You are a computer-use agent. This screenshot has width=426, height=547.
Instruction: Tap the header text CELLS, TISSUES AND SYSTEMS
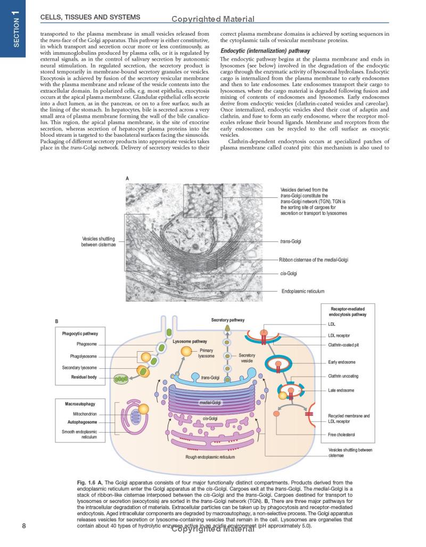point(90,17)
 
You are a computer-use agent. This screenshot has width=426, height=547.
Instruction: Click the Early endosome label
point(342,362)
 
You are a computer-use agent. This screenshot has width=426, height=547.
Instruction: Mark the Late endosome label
point(341,391)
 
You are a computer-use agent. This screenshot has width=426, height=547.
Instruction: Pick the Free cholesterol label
point(342,435)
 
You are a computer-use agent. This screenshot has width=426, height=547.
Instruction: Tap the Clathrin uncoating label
point(343,376)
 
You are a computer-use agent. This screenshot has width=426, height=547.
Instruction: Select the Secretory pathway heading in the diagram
point(227,320)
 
